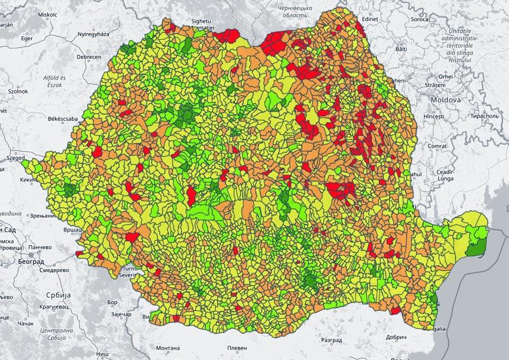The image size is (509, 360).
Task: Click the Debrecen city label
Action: click(89, 57)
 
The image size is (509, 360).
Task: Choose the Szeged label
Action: click(12, 157)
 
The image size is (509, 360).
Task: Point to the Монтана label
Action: click(167, 348)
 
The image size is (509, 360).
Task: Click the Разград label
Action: click(331, 323)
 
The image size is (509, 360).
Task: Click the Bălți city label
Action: click(401, 49)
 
